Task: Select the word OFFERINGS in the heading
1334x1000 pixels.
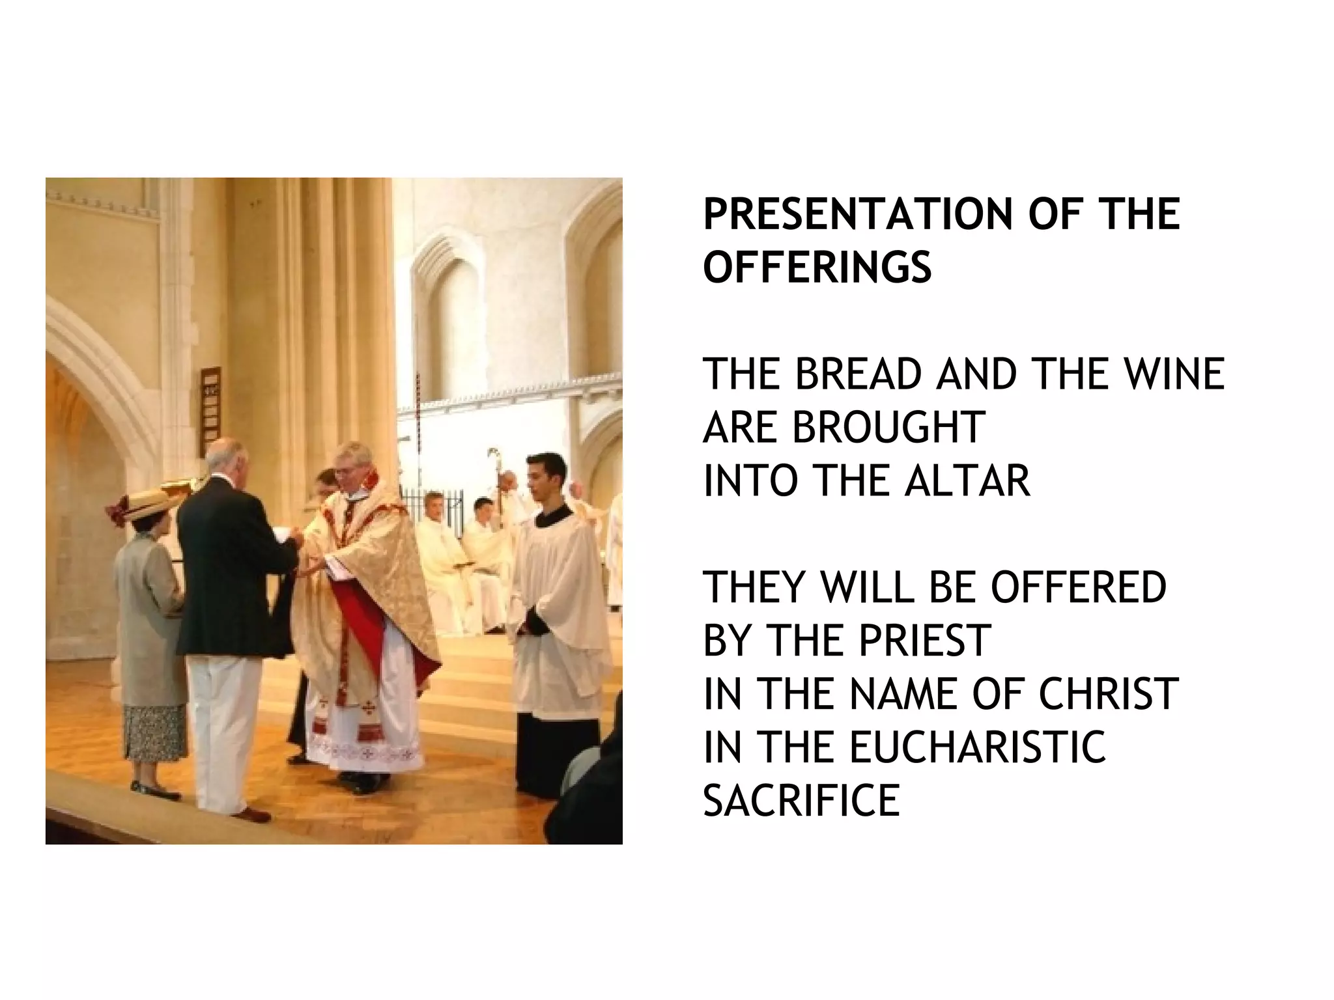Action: (x=817, y=268)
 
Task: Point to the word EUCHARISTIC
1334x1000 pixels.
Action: (x=977, y=747)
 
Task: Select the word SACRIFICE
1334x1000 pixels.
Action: (x=801, y=801)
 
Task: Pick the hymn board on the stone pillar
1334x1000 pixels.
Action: (x=210, y=404)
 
